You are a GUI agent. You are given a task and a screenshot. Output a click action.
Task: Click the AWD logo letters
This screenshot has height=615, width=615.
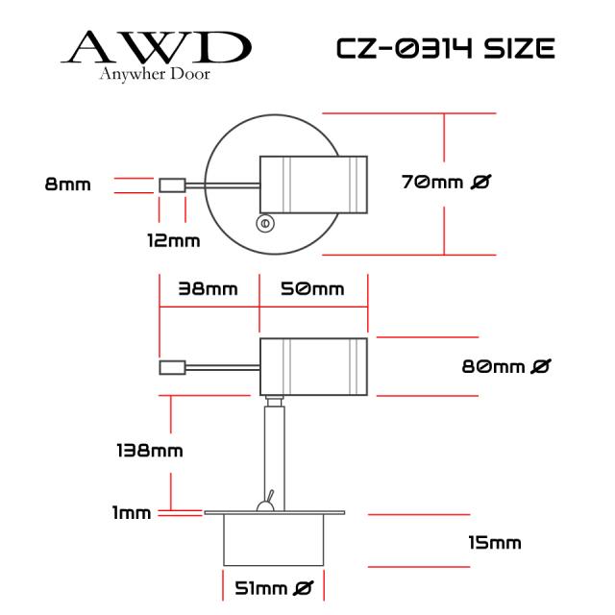click(156, 47)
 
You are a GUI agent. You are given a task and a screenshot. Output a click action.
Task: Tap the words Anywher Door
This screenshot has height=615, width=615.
click(155, 74)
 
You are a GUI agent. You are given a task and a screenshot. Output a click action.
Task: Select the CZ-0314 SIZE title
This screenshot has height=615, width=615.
click(446, 49)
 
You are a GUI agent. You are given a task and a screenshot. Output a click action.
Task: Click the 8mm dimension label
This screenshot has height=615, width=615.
click(68, 184)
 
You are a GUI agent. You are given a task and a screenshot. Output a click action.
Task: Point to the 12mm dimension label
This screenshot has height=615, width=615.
click(174, 240)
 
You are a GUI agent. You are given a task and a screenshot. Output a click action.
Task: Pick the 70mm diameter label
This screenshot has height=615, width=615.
click(446, 182)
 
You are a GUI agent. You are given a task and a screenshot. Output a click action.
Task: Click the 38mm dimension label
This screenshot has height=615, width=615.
click(208, 289)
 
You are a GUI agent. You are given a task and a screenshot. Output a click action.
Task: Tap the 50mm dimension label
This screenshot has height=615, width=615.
click(312, 289)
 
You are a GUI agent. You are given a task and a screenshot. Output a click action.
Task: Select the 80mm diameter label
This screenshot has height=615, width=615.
click(506, 367)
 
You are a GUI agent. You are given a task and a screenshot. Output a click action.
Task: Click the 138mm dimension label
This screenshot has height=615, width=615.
click(150, 451)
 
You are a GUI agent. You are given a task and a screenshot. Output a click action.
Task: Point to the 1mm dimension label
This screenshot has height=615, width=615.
click(132, 512)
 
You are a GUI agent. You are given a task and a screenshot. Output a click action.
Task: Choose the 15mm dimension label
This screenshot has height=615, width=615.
click(495, 543)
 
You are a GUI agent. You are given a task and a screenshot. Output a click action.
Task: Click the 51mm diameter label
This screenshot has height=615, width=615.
click(274, 588)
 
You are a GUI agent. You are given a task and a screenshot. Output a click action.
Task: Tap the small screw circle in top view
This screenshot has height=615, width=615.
click(265, 224)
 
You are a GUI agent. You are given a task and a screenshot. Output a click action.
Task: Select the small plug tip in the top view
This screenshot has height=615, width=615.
click(172, 185)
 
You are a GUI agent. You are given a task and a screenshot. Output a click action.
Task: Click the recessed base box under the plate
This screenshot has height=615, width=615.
click(274, 540)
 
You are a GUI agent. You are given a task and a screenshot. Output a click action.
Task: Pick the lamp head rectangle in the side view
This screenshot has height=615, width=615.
click(314, 367)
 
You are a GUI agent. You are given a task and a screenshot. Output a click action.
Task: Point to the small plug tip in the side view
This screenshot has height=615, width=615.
click(172, 367)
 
